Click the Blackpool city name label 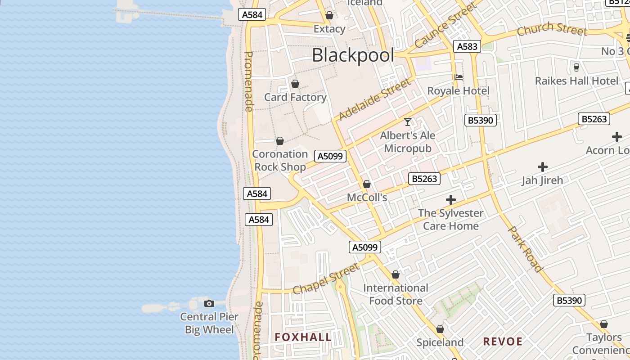353,55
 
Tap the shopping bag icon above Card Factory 295,84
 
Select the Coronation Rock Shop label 279,160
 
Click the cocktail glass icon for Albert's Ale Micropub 408,121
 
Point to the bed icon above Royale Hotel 459,77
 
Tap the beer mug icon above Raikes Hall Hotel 576,67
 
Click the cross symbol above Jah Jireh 543,167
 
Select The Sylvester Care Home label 450,219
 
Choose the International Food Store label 396,294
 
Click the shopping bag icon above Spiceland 440,329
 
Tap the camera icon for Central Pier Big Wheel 209,303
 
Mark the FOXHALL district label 303,337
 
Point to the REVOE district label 503,342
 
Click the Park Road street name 525,249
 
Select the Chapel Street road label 326,279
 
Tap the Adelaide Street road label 374,99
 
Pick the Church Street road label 552,29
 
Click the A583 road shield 467,46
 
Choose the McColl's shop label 367,197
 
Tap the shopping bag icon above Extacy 329,15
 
